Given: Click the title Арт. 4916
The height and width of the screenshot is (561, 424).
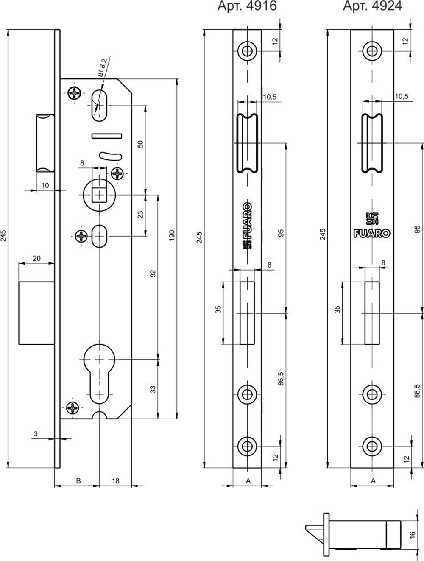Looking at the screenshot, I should click(x=247, y=6).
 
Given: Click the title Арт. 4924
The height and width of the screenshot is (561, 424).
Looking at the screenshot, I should click(x=372, y=6).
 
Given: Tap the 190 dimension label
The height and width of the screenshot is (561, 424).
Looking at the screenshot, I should click(x=172, y=235).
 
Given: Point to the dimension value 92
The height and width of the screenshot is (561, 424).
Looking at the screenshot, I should click(x=153, y=274).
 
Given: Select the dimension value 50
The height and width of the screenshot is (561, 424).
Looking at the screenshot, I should click(x=141, y=144).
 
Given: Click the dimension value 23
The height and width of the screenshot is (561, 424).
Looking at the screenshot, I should click(x=141, y=214).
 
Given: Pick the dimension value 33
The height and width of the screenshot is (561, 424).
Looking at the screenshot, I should click(x=153, y=388).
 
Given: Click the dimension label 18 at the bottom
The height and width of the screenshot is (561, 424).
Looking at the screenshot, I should click(x=115, y=481).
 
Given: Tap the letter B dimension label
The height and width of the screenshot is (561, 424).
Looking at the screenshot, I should click(x=78, y=481).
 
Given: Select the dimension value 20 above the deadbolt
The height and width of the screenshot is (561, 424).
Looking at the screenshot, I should click(x=36, y=258).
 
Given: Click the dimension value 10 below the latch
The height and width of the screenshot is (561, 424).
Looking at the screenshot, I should click(x=45, y=185).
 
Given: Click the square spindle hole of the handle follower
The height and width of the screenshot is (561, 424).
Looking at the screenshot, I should click(x=99, y=195).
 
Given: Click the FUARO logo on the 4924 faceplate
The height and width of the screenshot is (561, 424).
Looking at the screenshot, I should click(x=372, y=233).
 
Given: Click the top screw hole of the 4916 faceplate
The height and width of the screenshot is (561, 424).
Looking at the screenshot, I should click(x=247, y=50).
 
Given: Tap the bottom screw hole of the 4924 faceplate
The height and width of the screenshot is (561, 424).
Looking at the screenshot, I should click(x=372, y=446).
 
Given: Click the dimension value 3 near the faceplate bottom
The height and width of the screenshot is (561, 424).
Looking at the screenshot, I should click(x=36, y=434).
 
